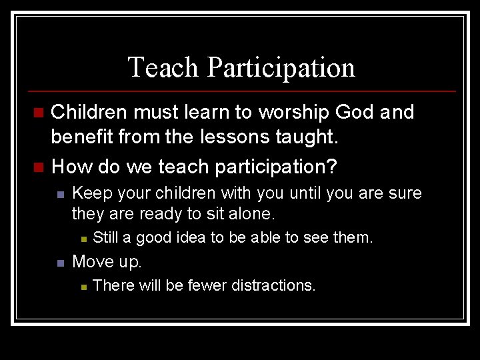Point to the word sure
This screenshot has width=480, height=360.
[406, 193]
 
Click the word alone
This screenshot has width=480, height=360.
[251, 214]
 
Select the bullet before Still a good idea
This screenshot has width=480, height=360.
[82, 238]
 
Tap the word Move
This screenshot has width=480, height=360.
[91, 261]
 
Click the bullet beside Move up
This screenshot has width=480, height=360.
[60, 262]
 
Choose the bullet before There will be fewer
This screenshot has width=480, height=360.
[82, 286]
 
